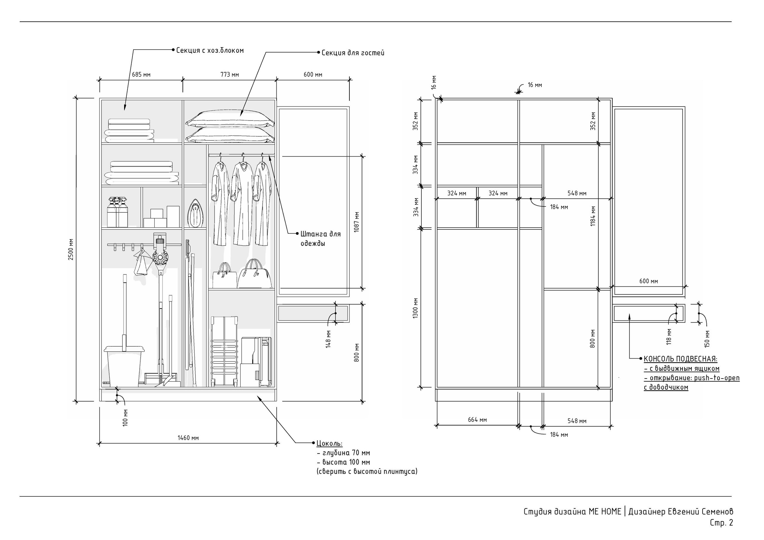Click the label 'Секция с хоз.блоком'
tap(210, 51)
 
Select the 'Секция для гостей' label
tap(353, 53)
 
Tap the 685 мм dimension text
tap(141, 75)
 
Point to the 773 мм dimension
tap(229, 75)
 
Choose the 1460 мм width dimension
tap(188, 438)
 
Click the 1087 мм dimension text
tap(357, 222)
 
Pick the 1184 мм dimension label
tap(593, 216)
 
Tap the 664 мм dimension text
tap(477, 420)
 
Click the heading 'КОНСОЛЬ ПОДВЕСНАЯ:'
tap(680, 359)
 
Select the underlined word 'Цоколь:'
tap(329, 444)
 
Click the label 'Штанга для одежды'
tap(321, 239)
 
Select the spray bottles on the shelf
tap(118, 212)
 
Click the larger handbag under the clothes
tap(255, 274)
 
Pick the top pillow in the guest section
tap(230, 118)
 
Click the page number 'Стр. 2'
tap(721, 523)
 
